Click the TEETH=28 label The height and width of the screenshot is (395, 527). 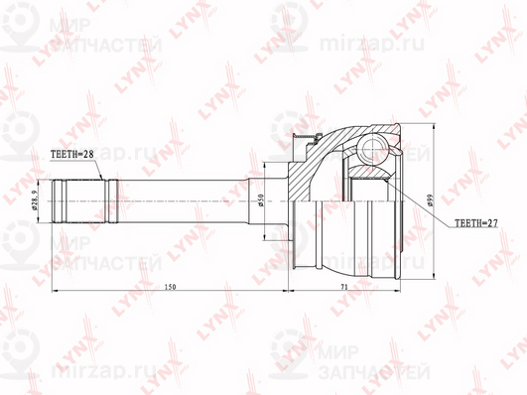[x=73, y=154]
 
